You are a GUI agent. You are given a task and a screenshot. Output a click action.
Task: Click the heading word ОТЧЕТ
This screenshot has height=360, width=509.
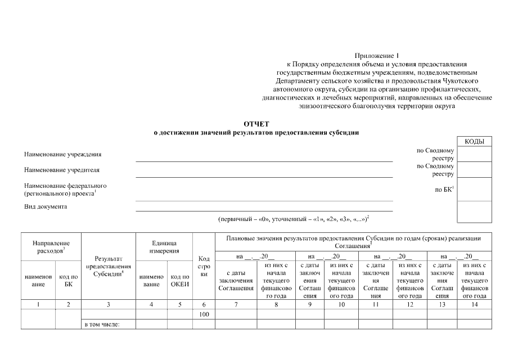(256, 123)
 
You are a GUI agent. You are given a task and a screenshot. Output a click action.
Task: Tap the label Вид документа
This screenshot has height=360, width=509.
(46, 206)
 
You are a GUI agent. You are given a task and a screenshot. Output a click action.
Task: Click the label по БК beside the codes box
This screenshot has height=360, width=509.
(444, 190)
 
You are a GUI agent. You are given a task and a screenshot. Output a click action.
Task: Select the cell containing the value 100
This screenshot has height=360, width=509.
(204, 314)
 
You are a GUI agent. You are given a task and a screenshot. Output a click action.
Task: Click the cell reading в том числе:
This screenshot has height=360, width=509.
(102, 324)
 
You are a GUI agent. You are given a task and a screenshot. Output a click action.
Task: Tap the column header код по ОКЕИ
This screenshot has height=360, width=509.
(180, 280)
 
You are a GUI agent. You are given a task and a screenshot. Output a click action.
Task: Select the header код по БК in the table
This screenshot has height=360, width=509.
(68, 280)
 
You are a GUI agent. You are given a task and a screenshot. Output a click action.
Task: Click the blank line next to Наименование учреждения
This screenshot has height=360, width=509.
(264, 158)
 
